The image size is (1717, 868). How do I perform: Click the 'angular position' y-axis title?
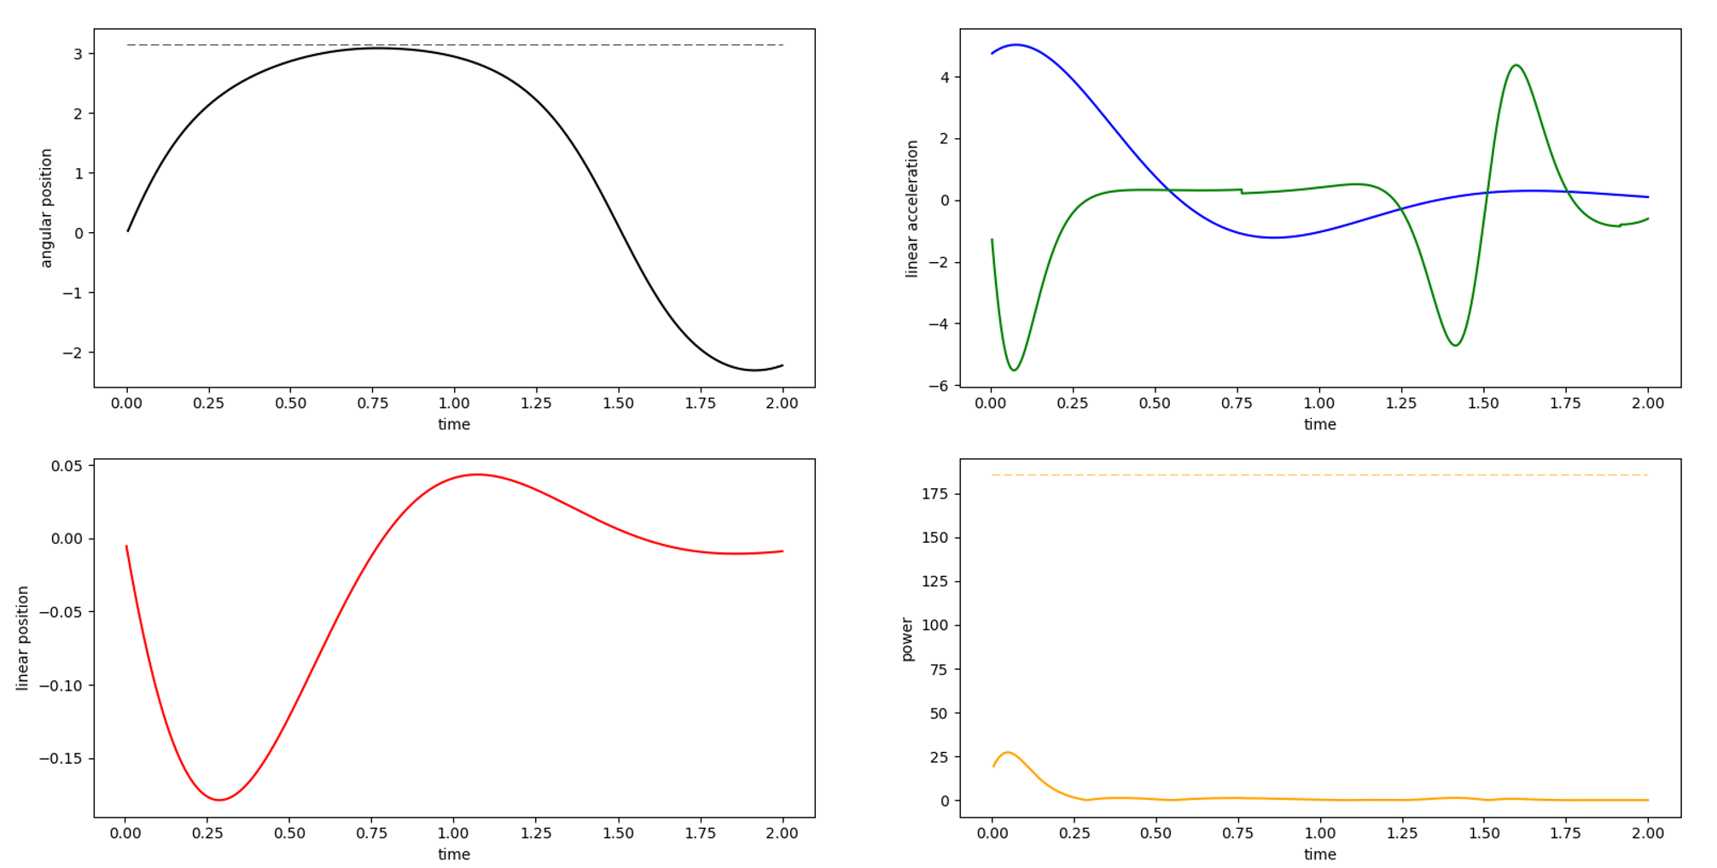click(x=46, y=207)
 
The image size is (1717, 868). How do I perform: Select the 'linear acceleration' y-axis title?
click(x=911, y=208)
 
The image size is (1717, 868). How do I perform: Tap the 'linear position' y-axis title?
click(x=23, y=638)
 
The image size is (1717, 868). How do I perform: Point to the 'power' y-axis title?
click(x=906, y=639)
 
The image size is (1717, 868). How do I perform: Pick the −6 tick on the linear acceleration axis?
click(x=938, y=386)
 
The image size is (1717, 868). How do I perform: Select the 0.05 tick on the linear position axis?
click(x=67, y=466)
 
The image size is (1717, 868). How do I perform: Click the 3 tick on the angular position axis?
click(x=79, y=54)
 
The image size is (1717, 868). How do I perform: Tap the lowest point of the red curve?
click(x=219, y=800)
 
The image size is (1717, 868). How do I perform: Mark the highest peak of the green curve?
click(x=1516, y=65)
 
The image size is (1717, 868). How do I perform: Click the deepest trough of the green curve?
click(x=1014, y=370)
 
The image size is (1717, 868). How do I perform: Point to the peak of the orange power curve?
click(x=1008, y=752)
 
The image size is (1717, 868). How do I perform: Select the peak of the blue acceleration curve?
click(x=1016, y=44)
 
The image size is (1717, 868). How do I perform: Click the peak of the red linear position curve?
click(x=477, y=475)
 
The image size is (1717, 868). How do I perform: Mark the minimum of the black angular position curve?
click(x=754, y=370)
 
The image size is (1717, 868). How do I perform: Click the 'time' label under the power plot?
click(x=1319, y=854)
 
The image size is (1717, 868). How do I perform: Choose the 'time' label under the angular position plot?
click(x=454, y=424)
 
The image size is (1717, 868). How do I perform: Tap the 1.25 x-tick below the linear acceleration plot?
click(x=1401, y=404)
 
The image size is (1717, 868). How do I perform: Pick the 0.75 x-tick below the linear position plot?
click(x=371, y=834)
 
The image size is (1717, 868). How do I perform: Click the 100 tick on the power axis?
click(x=934, y=625)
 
